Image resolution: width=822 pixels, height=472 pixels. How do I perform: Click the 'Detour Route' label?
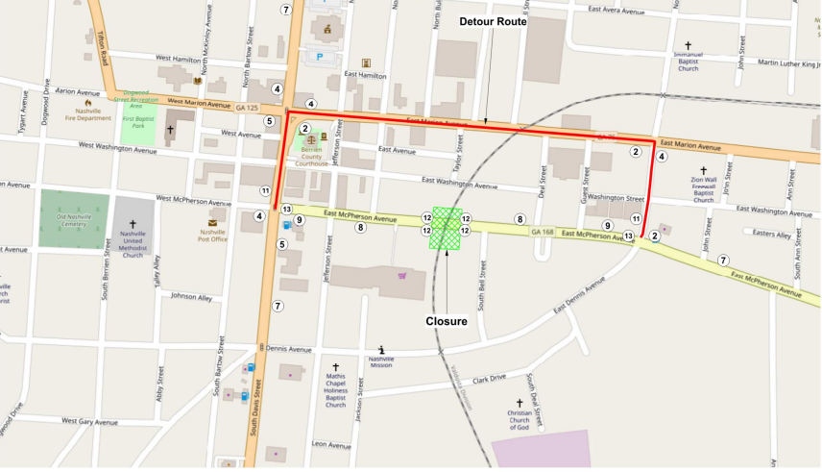(x=494, y=21)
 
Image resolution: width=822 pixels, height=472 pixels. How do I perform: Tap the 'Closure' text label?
(x=447, y=321)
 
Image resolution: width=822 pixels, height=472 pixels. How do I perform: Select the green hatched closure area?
(x=447, y=229)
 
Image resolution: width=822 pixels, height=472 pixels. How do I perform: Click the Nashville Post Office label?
(x=212, y=235)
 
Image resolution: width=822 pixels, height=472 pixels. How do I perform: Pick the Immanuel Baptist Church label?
(x=688, y=62)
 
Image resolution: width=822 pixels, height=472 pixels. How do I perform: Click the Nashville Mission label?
(x=380, y=363)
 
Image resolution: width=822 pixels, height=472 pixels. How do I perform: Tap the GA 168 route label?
(x=543, y=232)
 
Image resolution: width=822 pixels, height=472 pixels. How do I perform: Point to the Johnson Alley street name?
(x=191, y=296)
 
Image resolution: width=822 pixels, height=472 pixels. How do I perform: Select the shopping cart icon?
(x=401, y=276)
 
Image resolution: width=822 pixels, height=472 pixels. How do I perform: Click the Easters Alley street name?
(x=772, y=234)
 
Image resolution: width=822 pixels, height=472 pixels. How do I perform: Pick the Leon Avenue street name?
(x=331, y=444)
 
